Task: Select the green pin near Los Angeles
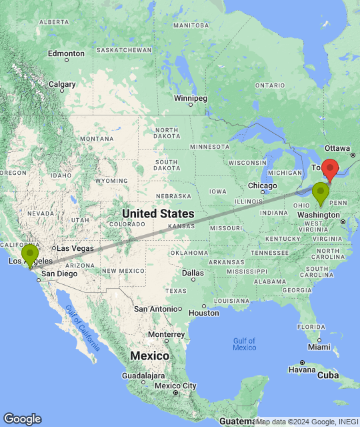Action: (30, 254)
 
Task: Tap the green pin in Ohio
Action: (321, 192)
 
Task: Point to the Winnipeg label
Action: (191, 99)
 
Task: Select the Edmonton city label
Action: (67, 53)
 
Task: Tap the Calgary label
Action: (62, 84)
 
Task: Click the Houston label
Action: (204, 312)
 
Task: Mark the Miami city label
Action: (319, 347)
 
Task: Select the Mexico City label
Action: (176, 386)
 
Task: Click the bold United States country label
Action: (158, 213)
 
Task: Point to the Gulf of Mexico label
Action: (245, 344)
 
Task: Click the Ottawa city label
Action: (337, 147)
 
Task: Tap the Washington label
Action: (319, 215)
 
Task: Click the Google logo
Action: (23, 419)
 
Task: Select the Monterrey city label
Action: (167, 334)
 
